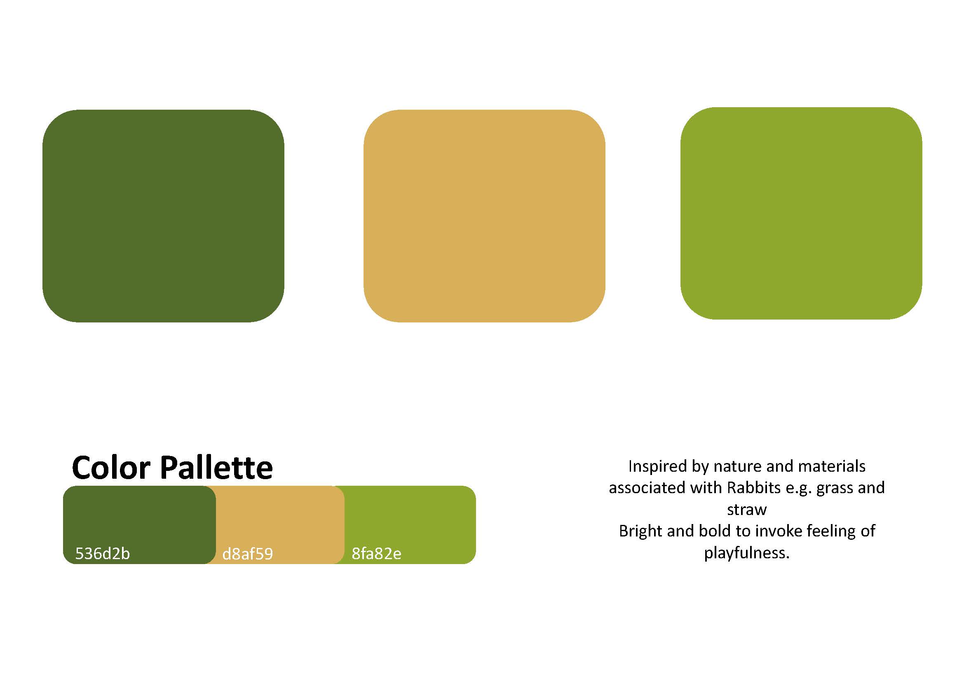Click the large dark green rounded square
click(x=163, y=216)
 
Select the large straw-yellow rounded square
click(x=484, y=216)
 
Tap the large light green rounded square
click(x=801, y=213)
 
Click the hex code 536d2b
click(x=103, y=553)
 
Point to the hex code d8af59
click(x=248, y=554)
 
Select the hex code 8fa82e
click(x=377, y=553)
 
